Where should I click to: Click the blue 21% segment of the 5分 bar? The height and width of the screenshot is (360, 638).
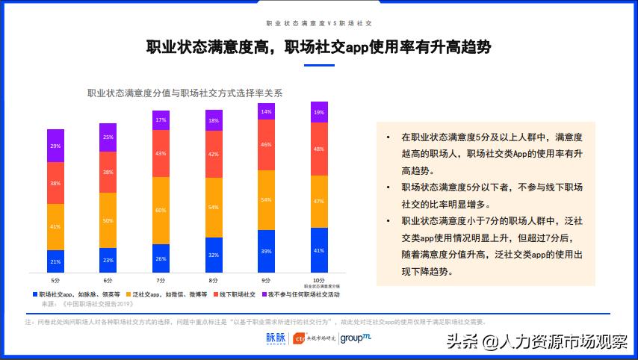pyautogui.click(x=56, y=261)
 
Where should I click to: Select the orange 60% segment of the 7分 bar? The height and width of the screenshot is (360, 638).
pyautogui.click(x=161, y=211)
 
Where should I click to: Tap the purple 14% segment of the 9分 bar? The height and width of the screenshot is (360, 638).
pyautogui.click(x=266, y=112)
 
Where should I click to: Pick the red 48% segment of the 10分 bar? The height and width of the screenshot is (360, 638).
pyautogui.click(x=319, y=149)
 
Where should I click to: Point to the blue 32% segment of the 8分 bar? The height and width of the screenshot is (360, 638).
pyautogui.click(x=214, y=255)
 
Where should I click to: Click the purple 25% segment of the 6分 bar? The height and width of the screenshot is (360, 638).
pyautogui.click(x=108, y=137)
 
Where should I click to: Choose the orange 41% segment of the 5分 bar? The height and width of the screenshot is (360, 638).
pyautogui.click(x=56, y=227)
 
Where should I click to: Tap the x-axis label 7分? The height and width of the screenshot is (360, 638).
pyautogui.click(x=161, y=279)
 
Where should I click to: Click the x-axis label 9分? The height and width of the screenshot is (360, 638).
pyautogui.click(x=266, y=279)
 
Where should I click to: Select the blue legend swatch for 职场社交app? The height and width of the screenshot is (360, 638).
pyautogui.click(x=35, y=295)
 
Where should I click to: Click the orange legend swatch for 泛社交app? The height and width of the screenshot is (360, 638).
pyautogui.click(x=128, y=295)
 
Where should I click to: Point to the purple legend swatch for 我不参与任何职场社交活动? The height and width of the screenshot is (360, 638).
pyautogui.click(x=264, y=295)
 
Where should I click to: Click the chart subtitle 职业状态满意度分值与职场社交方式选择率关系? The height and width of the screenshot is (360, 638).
pyautogui.click(x=185, y=93)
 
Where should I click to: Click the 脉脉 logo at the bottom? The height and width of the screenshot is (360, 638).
pyautogui.click(x=276, y=338)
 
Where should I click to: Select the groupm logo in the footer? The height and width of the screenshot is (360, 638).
pyautogui.click(x=356, y=338)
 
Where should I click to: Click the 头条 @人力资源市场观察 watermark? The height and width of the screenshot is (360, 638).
pyautogui.click(x=536, y=342)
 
